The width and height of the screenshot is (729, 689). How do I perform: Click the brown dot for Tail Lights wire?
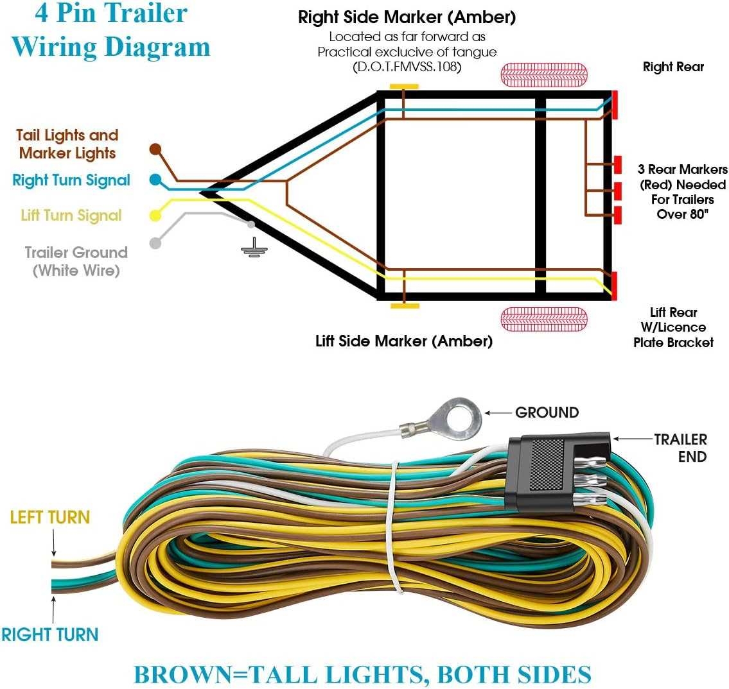(x=155, y=149)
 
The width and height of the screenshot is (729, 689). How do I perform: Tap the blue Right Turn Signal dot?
(x=155, y=180)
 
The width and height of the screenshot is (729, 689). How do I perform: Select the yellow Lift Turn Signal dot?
(x=155, y=216)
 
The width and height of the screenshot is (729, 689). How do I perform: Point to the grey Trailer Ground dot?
(x=155, y=243)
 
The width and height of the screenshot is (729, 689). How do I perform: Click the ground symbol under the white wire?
(x=254, y=248)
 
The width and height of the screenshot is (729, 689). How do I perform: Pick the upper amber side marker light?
(x=404, y=87)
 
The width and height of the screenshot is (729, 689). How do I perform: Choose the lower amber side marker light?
(x=405, y=306)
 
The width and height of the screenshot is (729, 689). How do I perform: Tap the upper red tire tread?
(x=543, y=74)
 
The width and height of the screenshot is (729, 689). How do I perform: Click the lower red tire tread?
(x=543, y=319)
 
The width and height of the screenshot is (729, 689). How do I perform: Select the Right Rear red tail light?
(x=615, y=105)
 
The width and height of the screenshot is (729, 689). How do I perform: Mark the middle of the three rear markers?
(x=617, y=191)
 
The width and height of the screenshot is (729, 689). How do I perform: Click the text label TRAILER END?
(x=680, y=448)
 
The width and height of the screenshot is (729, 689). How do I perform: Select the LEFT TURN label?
(x=50, y=517)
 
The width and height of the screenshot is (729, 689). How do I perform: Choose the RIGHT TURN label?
(x=50, y=634)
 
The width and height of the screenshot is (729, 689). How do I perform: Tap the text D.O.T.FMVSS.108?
(x=407, y=67)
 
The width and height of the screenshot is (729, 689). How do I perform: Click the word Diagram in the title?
(x=157, y=47)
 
